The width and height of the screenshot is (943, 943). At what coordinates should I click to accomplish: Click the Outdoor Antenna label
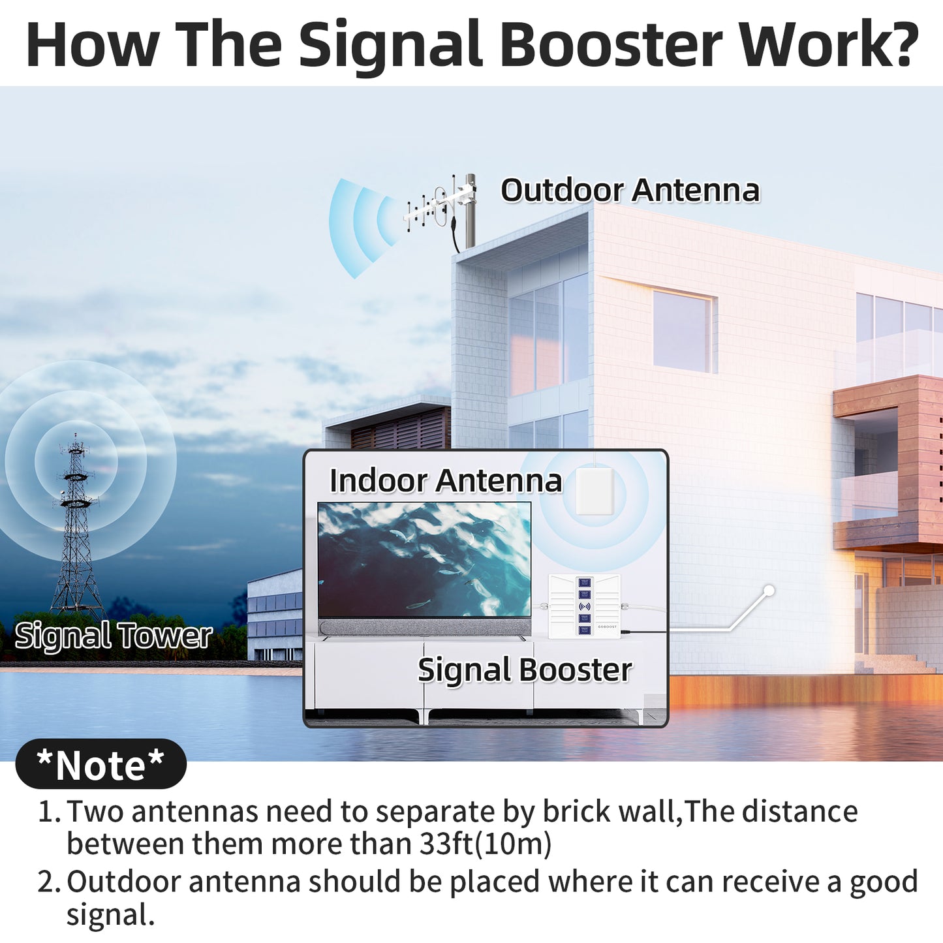coord(630,191)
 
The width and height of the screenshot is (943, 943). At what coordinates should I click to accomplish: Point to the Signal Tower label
coord(114,636)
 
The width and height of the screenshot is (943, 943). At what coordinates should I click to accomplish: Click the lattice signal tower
coord(77,529)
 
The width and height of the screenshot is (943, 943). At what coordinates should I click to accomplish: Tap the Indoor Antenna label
coord(445,481)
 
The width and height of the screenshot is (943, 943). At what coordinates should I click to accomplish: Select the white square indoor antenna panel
coord(595,491)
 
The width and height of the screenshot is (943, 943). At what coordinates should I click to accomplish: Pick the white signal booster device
coord(584,606)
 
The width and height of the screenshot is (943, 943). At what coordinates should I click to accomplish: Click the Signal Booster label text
coord(525,670)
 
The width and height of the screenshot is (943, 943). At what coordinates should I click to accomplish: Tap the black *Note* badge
coord(100,764)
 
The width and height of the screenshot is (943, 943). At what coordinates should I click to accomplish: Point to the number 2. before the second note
coord(48,882)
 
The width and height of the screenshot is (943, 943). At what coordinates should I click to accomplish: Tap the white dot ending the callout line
coord(769,591)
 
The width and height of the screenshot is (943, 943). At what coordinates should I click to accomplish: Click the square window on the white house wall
coord(683,331)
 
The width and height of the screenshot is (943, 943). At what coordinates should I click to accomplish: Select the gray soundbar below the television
coord(424,627)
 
